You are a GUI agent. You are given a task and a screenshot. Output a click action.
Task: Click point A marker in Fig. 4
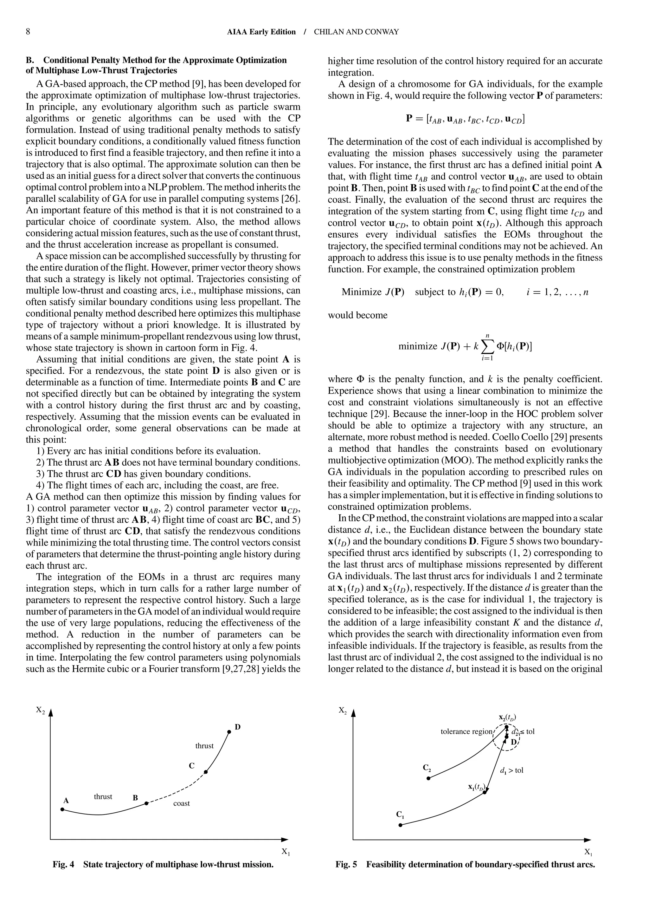point(62,809)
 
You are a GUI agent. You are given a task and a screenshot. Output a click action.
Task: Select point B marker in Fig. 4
point(146,803)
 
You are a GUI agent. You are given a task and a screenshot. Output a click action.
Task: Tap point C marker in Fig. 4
point(206,772)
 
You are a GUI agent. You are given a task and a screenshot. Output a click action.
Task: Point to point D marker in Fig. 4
point(229,732)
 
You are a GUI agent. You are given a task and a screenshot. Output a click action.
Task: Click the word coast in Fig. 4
point(181,803)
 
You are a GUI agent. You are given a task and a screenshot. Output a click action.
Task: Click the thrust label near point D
point(204,745)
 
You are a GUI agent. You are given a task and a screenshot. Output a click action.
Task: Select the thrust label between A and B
point(103,796)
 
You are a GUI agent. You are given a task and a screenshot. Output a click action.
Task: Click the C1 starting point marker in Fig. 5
point(400,825)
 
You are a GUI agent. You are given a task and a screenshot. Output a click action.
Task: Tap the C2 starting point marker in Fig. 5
point(428,778)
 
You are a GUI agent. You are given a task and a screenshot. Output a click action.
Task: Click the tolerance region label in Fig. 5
point(466,731)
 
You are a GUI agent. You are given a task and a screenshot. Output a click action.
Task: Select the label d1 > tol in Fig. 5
point(511,770)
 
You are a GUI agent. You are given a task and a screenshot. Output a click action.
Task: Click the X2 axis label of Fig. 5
point(343,710)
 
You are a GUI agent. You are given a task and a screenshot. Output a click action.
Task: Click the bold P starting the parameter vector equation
point(410,119)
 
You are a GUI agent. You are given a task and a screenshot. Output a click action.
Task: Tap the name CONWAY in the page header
point(383,32)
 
